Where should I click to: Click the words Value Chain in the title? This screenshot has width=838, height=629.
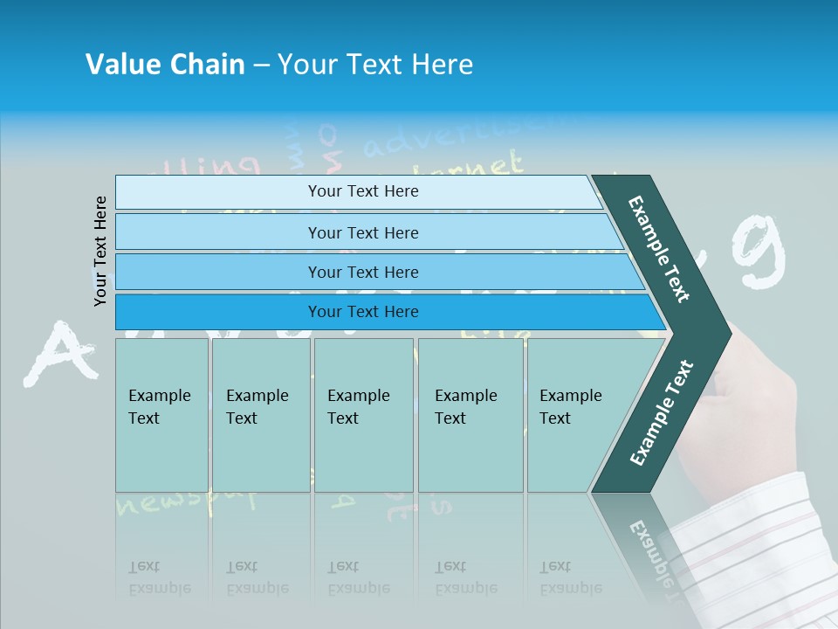point(165,65)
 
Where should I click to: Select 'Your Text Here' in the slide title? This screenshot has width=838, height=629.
point(375,65)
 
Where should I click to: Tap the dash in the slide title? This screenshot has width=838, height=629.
point(261,66)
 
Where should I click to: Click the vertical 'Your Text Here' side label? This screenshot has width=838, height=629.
point(100,251)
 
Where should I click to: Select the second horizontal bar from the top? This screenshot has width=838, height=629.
point(362,232)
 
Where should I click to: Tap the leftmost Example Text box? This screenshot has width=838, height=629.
point(161,415)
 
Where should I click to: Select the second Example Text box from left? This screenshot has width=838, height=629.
point(261,415)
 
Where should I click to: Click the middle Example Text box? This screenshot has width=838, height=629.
point(363,415)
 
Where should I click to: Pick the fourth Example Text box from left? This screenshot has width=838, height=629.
point(471,415)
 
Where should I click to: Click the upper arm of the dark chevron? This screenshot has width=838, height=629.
point(660,249)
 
